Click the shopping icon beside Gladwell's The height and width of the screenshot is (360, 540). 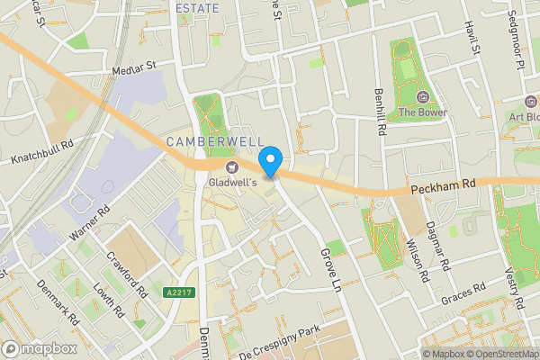[x=230, y=168]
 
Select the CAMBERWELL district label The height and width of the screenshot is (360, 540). [x=215, y=142]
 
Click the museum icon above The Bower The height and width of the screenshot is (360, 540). [x=422, y=96]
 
